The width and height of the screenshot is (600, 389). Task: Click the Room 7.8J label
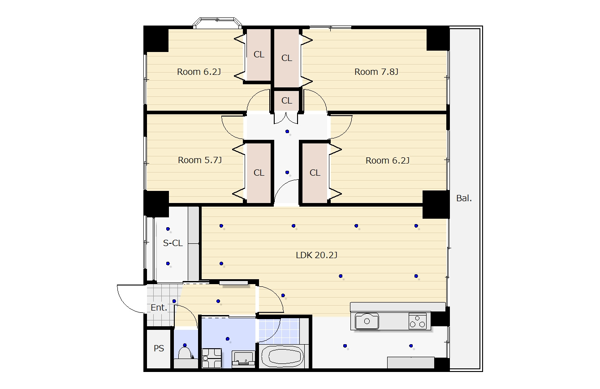[376, 72]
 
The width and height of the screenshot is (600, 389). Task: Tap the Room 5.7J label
[200, 160]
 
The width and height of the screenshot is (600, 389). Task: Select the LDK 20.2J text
[316, 255]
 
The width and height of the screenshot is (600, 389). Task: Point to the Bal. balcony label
[464, 198]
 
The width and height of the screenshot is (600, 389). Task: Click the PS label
[159, 348]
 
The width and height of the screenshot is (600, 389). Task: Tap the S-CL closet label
[173, 243]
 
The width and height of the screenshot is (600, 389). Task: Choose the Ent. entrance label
[159, 307]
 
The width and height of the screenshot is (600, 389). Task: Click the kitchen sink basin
[367, 321]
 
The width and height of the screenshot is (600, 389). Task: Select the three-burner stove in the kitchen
[417, 321]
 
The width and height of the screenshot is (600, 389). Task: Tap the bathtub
[282, 356]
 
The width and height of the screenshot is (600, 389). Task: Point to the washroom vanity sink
[243, 359]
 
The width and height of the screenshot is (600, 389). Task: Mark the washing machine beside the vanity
[212, 358]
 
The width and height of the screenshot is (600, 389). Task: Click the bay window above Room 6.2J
[217, 23]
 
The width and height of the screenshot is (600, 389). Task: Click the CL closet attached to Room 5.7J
[259, 173]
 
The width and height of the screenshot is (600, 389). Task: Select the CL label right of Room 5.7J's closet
[315, 173]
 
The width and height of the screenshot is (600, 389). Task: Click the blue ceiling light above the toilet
[185, 345]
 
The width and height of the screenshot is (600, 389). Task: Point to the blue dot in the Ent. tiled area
[174, 301]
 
